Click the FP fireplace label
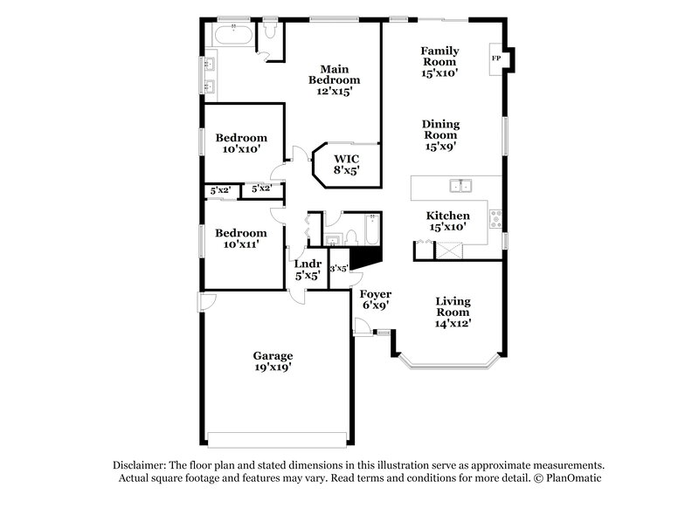(496, 58)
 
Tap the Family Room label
(439, 56)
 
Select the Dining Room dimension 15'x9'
(441, 148)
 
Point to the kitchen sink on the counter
(460, 185)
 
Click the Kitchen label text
(447, 216)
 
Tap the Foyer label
(376, 294)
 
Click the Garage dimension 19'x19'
(273, 367)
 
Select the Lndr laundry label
(308, 264)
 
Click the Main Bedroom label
(335, 74)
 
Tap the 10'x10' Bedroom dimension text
(241, 149)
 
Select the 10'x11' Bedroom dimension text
(241, 245)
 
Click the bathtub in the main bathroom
(234, 36)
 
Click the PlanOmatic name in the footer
(577, 478)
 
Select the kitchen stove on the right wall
(496, 216)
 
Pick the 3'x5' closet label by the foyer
(339, 269)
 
